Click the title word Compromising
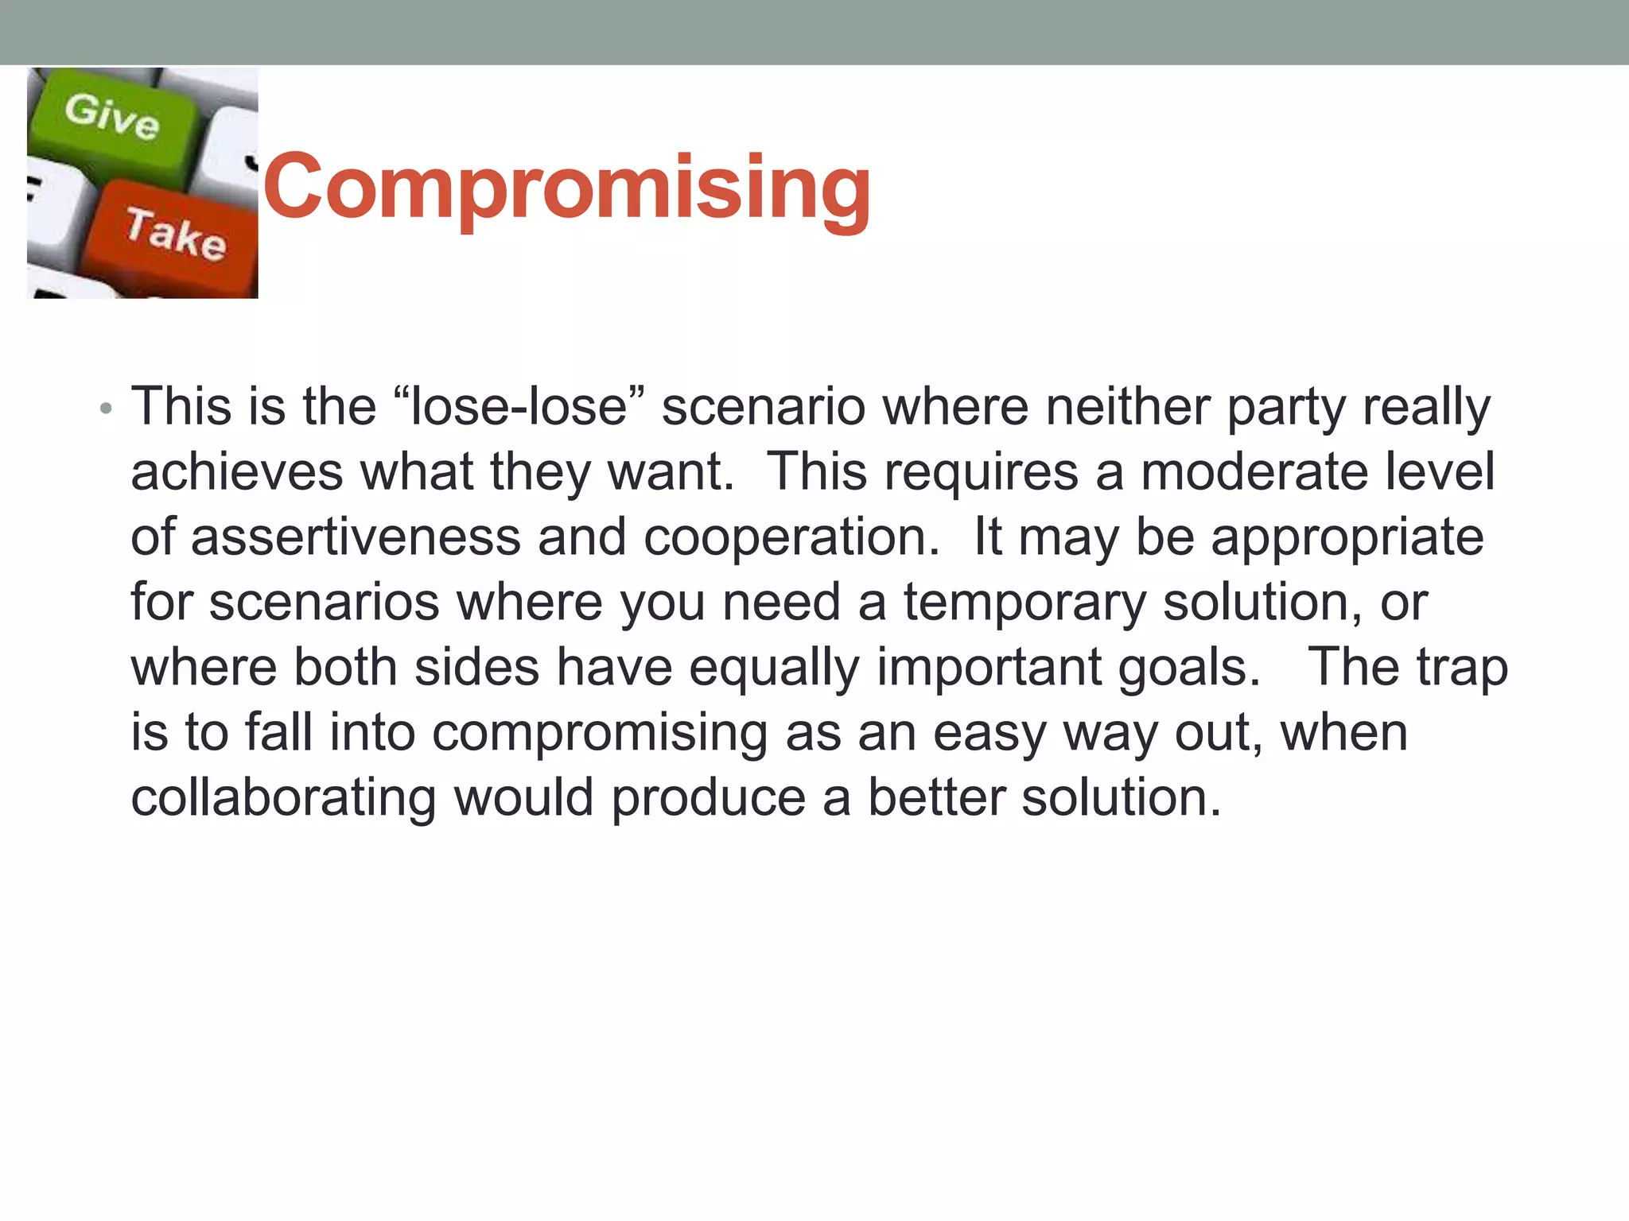pos(567,188)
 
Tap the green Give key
pos(111,119)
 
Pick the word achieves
pos(237,472)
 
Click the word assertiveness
pos(356,537)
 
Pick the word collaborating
pos(283,798)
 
